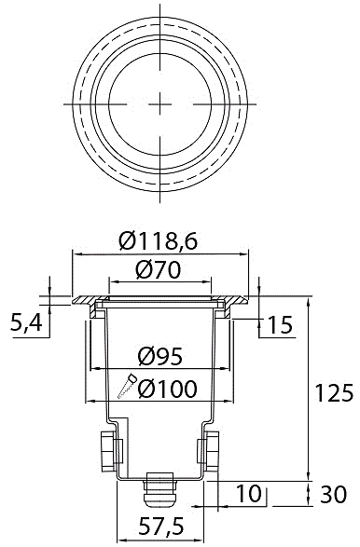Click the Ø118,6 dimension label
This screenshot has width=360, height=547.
coord(159,241)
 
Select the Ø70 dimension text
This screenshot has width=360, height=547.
coord(159,270)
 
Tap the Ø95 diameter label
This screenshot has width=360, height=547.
coord(160,357)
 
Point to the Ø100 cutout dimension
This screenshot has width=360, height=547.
coord(167,389)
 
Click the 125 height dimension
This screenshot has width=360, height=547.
coord(334,393)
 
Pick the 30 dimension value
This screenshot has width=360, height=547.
coord(334,494)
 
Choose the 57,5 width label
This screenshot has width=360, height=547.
coord(161,526)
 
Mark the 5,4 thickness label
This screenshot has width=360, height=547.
coord(26,323)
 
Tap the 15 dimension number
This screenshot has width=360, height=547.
coord(280,325)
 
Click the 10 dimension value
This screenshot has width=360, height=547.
coord(249,494)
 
